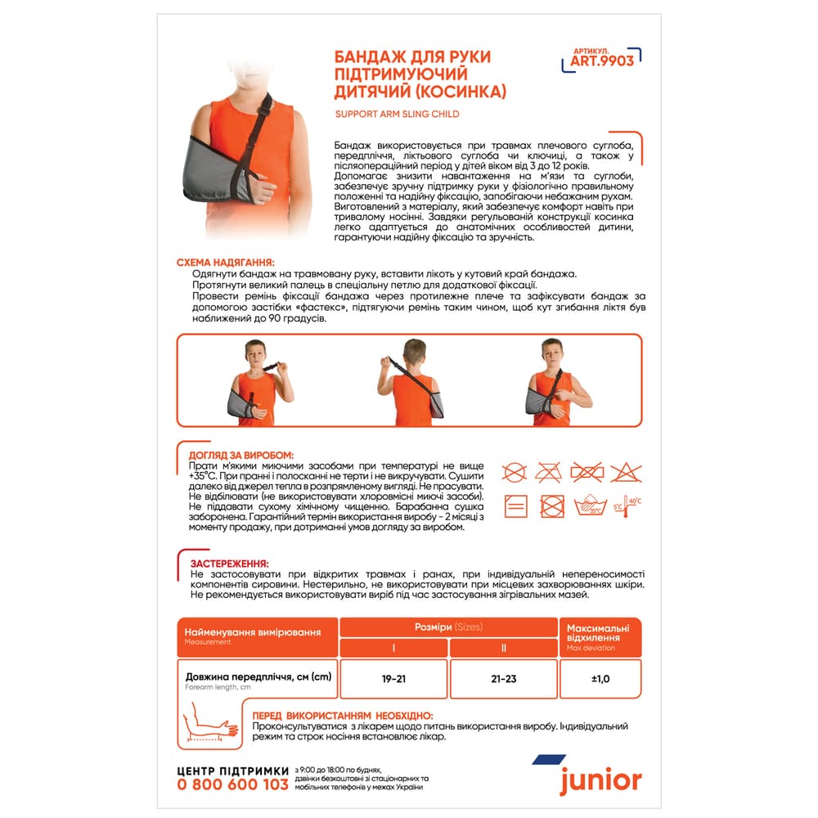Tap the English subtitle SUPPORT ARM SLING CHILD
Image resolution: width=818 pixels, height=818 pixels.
click(397, 114)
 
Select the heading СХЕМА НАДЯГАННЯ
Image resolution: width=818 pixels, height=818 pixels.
click(226, 262)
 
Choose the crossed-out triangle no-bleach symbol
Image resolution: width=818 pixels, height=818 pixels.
click(627, 472)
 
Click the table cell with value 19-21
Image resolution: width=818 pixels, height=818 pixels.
click(393, 679)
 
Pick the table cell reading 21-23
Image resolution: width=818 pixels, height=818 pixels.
click(504, 679)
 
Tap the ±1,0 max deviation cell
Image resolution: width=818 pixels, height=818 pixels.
click(600, 679)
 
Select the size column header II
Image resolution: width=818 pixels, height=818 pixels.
click(504, 648)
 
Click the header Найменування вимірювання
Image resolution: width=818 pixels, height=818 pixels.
click(252, 632)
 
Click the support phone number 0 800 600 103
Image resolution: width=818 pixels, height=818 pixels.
click(233, 784)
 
